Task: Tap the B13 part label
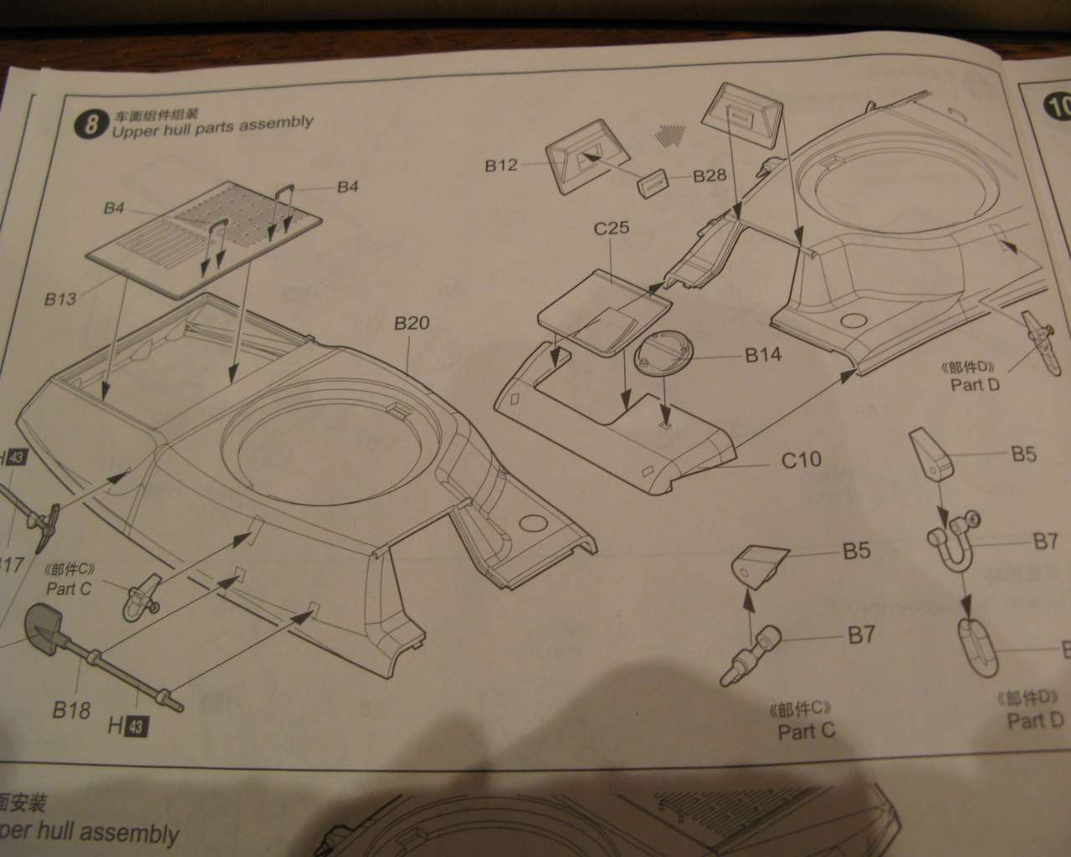[60, 298]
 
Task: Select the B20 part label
[412, 322]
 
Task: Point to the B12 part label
[501, 165]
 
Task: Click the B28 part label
[710, 176]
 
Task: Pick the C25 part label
[612, 228]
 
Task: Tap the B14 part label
[762, 355]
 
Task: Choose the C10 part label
[801, 459]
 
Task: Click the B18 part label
[71, 711]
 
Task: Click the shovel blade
[40, 624]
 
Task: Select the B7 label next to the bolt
[861, 635]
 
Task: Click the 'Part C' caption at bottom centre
[807, 731]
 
